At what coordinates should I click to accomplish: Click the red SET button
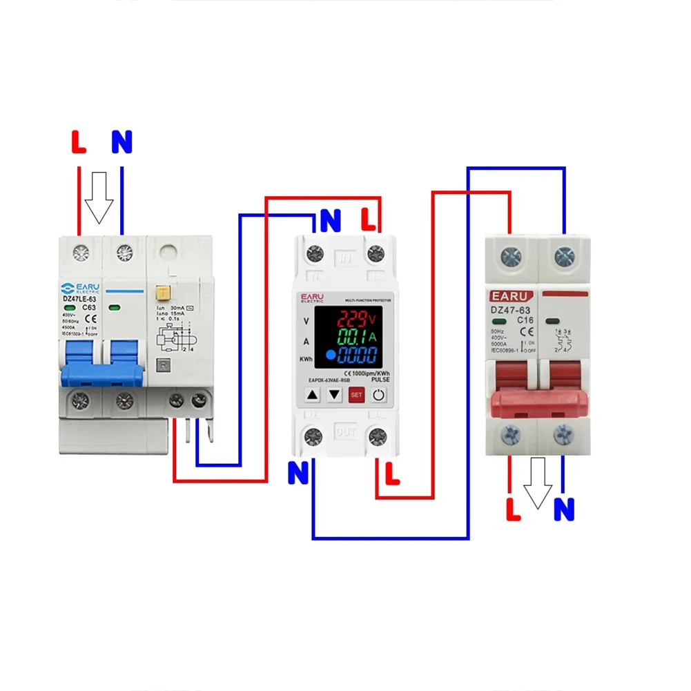(x=356, y=396)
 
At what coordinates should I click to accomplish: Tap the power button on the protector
(x=379, y=396)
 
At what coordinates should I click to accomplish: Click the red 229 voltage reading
(x=352, y=318)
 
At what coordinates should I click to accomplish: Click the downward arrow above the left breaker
(x=99, y=197)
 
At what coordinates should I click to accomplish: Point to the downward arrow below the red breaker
(x=538, y=483)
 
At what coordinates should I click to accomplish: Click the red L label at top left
(x=79, y=143)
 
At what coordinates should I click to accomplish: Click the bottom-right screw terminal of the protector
(x=377, y=436)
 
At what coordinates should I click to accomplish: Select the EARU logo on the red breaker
(x=509, y=295)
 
